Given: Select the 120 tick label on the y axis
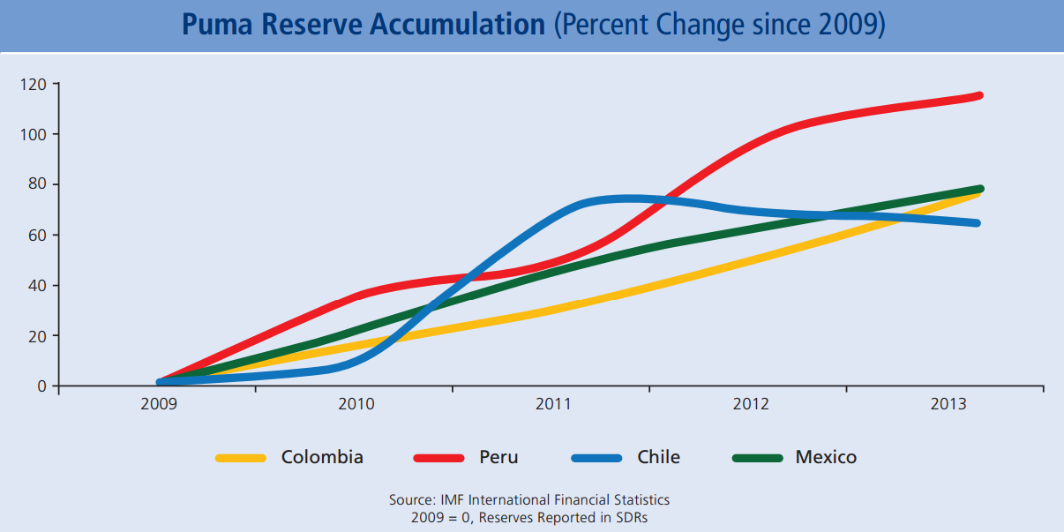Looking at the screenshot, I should coord(35,85).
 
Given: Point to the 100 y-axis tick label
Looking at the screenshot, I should coord(35,135).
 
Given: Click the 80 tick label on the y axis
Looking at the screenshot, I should coord(39,185).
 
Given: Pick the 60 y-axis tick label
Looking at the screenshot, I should coord(39,236).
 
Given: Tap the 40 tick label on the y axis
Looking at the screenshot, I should coord(39,286).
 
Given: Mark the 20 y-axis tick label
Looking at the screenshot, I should coord(39,336).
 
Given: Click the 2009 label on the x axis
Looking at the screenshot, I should coord(159,404).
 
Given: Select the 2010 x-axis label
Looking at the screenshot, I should coord(356,404).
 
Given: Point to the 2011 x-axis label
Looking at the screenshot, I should coord(554,404).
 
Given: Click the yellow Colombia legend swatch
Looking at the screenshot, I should coord(241,458).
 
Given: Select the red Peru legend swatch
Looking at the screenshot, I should coord(438,458).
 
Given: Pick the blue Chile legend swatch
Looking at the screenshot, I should coord(596,458).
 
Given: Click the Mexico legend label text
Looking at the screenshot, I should coord(826,457).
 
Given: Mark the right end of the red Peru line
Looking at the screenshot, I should coord(978,95).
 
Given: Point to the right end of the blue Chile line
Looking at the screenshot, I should coord(977,223).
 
